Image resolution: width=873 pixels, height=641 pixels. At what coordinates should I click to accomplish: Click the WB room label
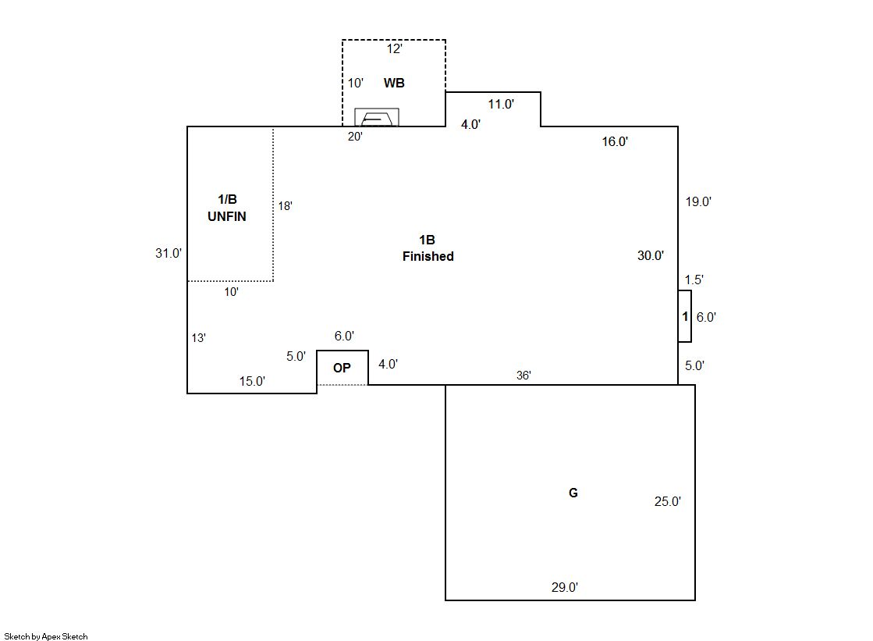[394, 83]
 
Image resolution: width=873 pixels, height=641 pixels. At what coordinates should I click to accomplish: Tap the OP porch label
[342, 368]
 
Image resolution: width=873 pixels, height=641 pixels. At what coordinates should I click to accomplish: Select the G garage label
[573, 493]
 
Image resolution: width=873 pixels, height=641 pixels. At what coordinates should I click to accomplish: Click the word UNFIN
[226, 216]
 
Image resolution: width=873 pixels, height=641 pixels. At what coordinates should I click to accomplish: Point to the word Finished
[428, 256]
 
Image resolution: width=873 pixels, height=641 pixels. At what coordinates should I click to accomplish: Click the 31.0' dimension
[169, 253]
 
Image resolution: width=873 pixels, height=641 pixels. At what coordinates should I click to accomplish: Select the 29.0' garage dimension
[565, 587]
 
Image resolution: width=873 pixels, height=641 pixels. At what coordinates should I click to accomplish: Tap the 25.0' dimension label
[668, 501]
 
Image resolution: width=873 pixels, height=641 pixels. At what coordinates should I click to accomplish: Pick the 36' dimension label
[523, 375]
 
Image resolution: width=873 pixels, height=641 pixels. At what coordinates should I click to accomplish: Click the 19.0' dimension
[698, 201]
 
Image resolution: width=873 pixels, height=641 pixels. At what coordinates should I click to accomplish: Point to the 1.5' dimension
[694, 280]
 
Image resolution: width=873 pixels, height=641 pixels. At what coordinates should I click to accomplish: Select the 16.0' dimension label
[615, 141]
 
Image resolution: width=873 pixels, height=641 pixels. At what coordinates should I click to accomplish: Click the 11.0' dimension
[501, 105]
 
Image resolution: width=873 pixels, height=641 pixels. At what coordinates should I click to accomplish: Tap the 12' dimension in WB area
[394, 49]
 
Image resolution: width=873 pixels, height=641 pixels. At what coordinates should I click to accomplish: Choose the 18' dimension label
[285, 206]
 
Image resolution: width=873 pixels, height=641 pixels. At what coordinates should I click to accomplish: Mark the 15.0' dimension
[252, 381]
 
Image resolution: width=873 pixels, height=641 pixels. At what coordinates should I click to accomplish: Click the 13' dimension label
[199, 338]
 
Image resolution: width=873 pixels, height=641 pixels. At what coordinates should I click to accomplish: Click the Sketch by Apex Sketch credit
[46, 636]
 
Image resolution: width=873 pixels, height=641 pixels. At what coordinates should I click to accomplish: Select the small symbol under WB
[377, 117]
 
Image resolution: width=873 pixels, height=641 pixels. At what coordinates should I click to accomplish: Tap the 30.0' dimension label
[651, 255]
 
